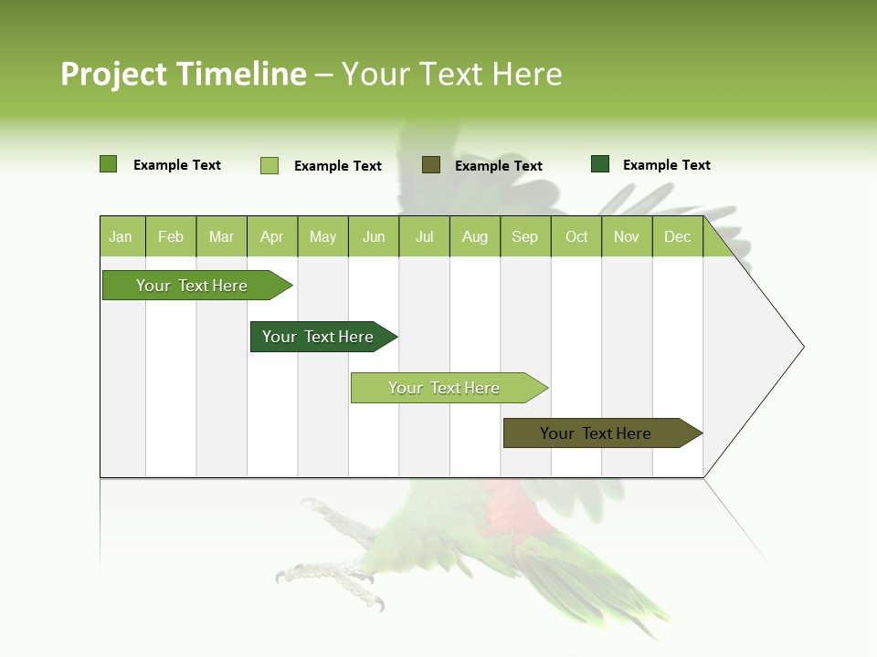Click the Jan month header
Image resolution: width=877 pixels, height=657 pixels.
click(x=122, y=236)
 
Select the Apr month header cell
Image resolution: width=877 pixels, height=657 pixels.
click(x=272, y=236)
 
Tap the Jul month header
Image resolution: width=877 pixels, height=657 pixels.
click(x=424, y=236)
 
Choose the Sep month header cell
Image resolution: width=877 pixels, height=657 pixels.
click(x=524, y=236)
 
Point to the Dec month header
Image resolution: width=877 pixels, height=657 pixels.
click(x=677, y=236)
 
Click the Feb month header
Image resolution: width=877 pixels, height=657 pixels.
click(x=171, y=236)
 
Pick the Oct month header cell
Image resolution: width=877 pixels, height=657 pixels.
click(x=576, y=236)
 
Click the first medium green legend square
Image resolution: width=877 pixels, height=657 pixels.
click(x=109, y=164)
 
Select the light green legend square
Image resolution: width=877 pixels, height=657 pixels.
click(x=269, y=165)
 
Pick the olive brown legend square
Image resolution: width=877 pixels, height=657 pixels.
click(x=431, y=164)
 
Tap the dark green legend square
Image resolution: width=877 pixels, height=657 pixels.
click(x=600, y=164)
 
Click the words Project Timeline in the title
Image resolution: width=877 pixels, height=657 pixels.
click(x=184, y=74)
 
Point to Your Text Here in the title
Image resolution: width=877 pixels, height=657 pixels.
click(x=452, y=74)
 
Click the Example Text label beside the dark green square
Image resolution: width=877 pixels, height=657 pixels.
click(x=666, y=165)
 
